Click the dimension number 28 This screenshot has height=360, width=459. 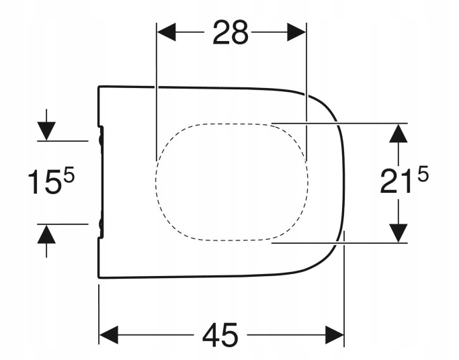click(x=231, y=32)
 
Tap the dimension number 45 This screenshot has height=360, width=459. click(x=221, y=334)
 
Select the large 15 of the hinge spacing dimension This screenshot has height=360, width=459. click(x=44, y=183)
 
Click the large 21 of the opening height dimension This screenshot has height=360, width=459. click(x=397, y=183)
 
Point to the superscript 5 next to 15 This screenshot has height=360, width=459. click(x=69, y=176)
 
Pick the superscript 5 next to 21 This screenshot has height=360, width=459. click(x=422, y=175)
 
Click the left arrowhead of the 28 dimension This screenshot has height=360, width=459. click(x=166, y=32)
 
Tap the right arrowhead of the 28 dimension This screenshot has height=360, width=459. click(x=297, y=32)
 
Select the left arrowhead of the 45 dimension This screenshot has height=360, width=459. click(x=109, y=334)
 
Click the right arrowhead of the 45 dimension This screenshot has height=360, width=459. click(x=335, y=334)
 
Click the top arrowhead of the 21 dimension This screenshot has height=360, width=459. click(x=399, y=132)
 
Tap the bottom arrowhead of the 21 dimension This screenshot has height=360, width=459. click(x=399, y=233)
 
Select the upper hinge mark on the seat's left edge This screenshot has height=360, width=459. click(x=101, y=138)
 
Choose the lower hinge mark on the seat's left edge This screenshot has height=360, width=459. click(x=101, y=225)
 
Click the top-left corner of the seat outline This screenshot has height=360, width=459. click(x=99, y=87)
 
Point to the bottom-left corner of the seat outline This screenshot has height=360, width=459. click(x=99, y=277)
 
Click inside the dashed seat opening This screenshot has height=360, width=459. click(x=232, y=181)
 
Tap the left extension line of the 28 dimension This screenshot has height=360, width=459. click(x=156, y=87)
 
